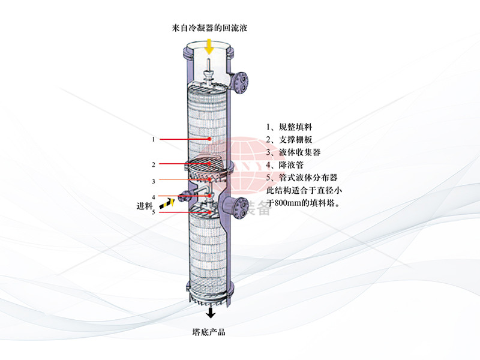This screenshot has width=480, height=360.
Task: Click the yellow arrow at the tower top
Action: coord(208,46)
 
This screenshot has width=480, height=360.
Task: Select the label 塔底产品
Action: coord(209,332)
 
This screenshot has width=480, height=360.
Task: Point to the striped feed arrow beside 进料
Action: coord(170,202)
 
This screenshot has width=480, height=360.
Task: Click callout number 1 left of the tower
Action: coord(154,139)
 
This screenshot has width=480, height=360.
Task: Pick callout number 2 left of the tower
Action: coord(154,164)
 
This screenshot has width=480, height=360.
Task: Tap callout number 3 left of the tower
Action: coord(154,181)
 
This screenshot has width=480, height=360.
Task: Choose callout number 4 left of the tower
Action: coord(154,197)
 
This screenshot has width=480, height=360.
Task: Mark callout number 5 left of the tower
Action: coord(154,212)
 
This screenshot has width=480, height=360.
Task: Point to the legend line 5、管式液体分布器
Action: coord(302,178)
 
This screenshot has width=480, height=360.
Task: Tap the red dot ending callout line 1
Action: coord(209,139)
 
